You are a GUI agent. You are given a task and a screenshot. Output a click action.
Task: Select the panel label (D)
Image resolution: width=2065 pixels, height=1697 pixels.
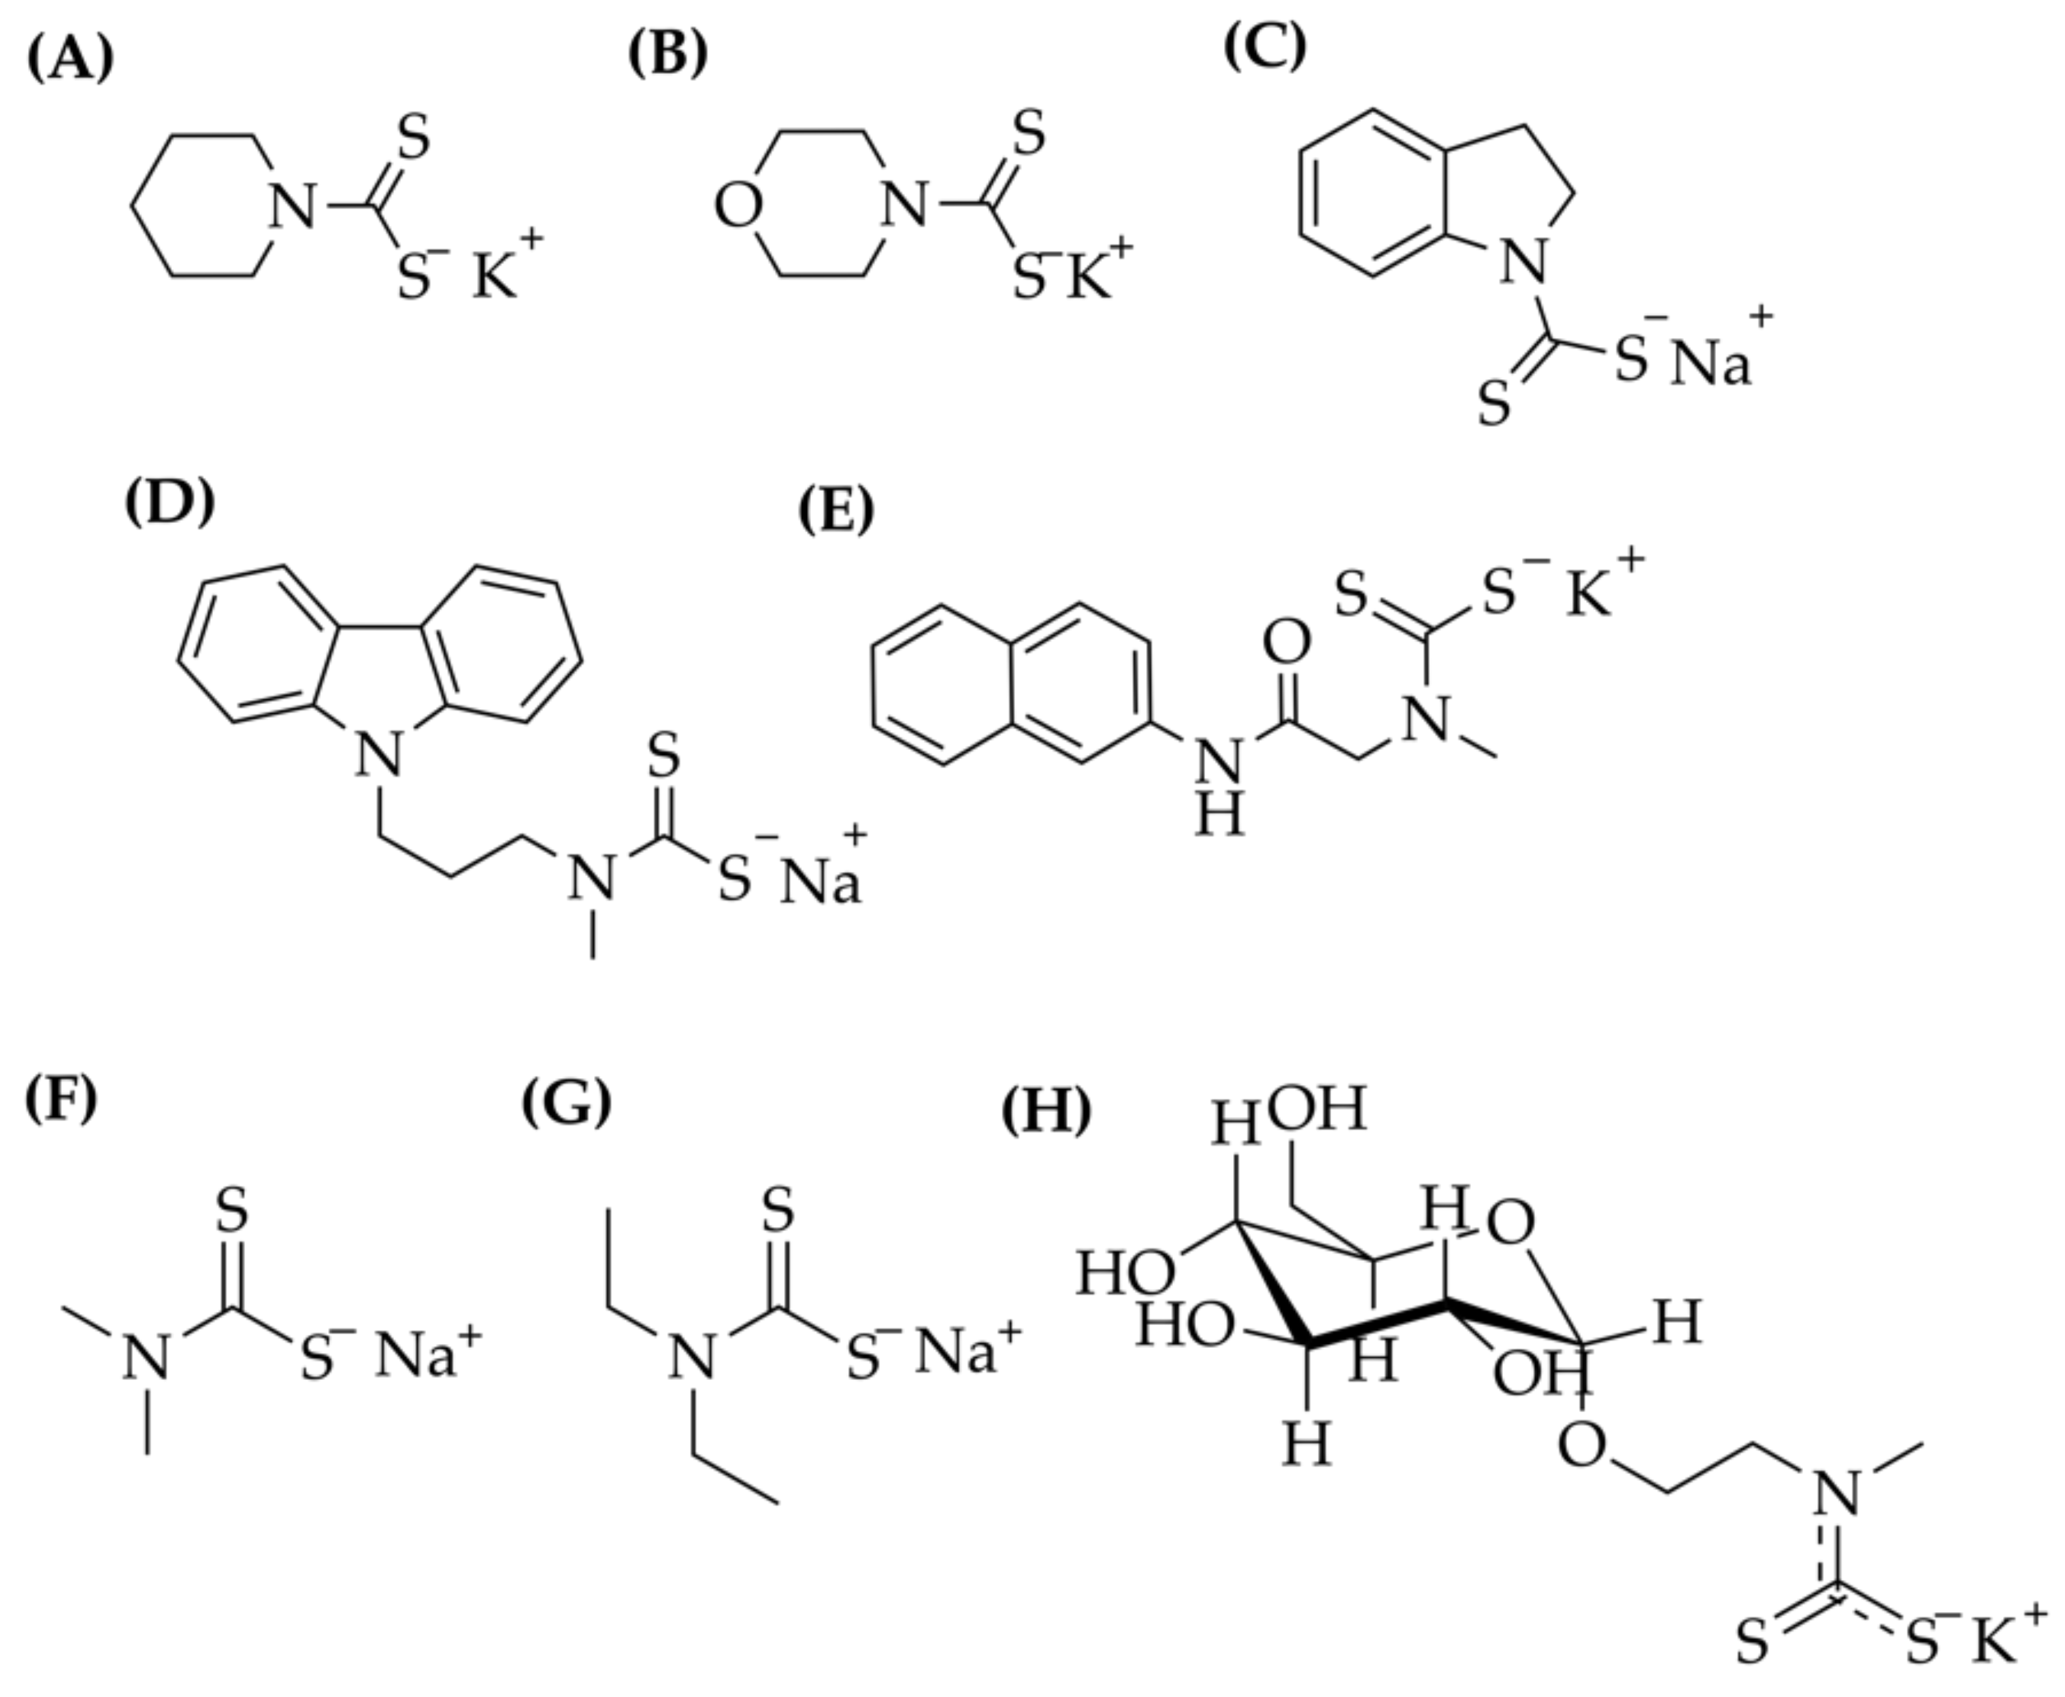pos(169,503)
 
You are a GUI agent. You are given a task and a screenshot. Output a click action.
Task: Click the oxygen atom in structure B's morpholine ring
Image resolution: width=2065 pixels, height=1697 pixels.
pos(738,207)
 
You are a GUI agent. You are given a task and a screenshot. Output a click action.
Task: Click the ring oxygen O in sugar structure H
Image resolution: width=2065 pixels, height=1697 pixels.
pos(1511,1223)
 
